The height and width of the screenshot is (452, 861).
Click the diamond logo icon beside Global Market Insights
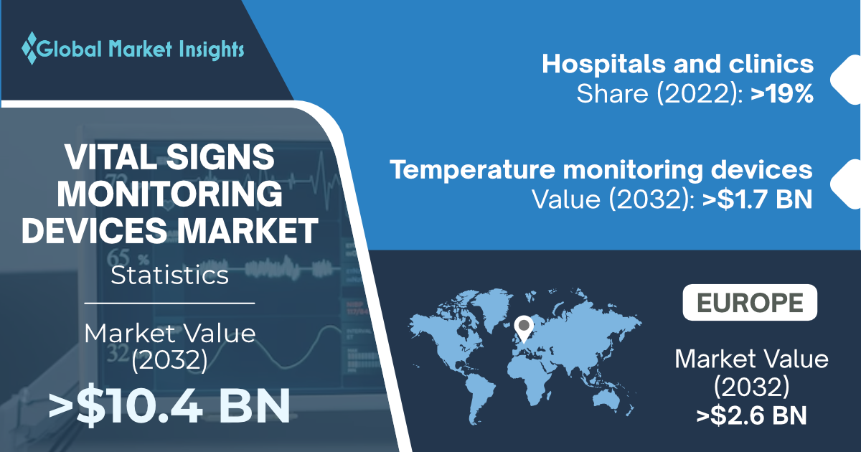[x=29, y=48]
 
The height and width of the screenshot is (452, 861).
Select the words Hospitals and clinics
[x=677, y=64]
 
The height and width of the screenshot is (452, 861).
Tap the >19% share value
[x=782, y=94]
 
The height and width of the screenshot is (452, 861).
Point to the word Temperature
[x=472, y=170]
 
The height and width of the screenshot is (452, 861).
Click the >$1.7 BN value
[x=757, y=199]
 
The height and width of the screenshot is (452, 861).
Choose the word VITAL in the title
[x=111, y=157]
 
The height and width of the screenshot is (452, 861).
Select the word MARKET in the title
[x=248, y=230]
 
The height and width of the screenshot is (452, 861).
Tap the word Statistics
[x=169, y=276]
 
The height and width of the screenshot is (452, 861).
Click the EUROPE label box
[x=750, y=303]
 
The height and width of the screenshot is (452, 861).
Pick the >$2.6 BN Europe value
[x=751, y=415]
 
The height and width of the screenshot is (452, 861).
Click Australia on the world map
[x=606, y=400]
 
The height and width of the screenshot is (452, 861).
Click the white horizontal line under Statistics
[x=169, y=303]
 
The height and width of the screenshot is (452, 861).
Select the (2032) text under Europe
[x=751, y=387]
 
